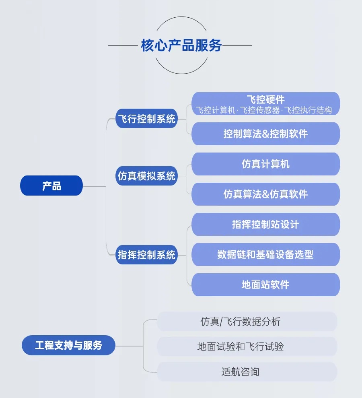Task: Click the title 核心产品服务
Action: pos(181,45)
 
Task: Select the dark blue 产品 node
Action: pos(51,186)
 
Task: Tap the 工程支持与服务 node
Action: pos(68,345)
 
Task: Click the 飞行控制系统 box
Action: pos(146,119)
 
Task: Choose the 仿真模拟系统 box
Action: pos(146,176)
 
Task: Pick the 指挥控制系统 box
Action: pos(146,255)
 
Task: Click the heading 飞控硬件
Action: pos(265,99)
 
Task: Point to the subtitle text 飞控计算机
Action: pos(215,110)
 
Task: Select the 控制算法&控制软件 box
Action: pos(265,134)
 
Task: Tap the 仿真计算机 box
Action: pos(265,164)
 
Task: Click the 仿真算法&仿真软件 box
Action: pos(265,194)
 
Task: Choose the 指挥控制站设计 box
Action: pos(265,224)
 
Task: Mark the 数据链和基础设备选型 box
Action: pos(265,254)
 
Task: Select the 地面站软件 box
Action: pos(265,285)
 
